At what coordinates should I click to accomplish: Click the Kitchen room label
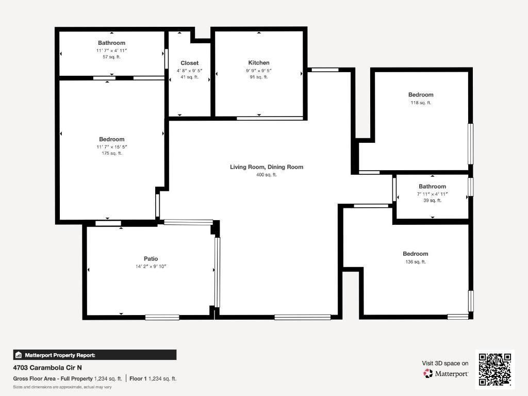point(258,63)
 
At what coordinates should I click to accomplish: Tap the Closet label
point(189,63)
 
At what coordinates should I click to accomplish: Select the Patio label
point(151,259)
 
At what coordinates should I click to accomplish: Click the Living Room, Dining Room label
point(266,167)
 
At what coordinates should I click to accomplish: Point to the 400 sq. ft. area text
point(266,175)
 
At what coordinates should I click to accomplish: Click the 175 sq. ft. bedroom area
point(111,153)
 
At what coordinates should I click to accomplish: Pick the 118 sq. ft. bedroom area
point(421,103)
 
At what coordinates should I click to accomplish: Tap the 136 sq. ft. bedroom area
point(415,262)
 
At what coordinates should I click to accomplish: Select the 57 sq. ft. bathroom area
point(111,57)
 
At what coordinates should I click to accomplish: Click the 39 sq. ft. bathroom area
point(432,201)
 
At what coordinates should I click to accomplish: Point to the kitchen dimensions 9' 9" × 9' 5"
point(258,71)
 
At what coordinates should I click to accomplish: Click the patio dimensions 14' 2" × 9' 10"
point(151,267)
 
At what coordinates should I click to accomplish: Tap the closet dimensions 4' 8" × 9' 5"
point(189,71)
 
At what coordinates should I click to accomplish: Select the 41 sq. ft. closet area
point(189,77)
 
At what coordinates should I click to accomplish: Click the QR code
point(495,369)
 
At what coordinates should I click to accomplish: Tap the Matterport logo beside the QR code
point(446,373)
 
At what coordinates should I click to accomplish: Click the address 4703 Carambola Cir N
point(47,368)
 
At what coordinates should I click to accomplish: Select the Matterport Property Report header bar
point(95,355)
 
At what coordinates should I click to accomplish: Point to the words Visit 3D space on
point(445,364)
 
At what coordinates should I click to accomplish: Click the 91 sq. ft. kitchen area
point(258,77)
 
